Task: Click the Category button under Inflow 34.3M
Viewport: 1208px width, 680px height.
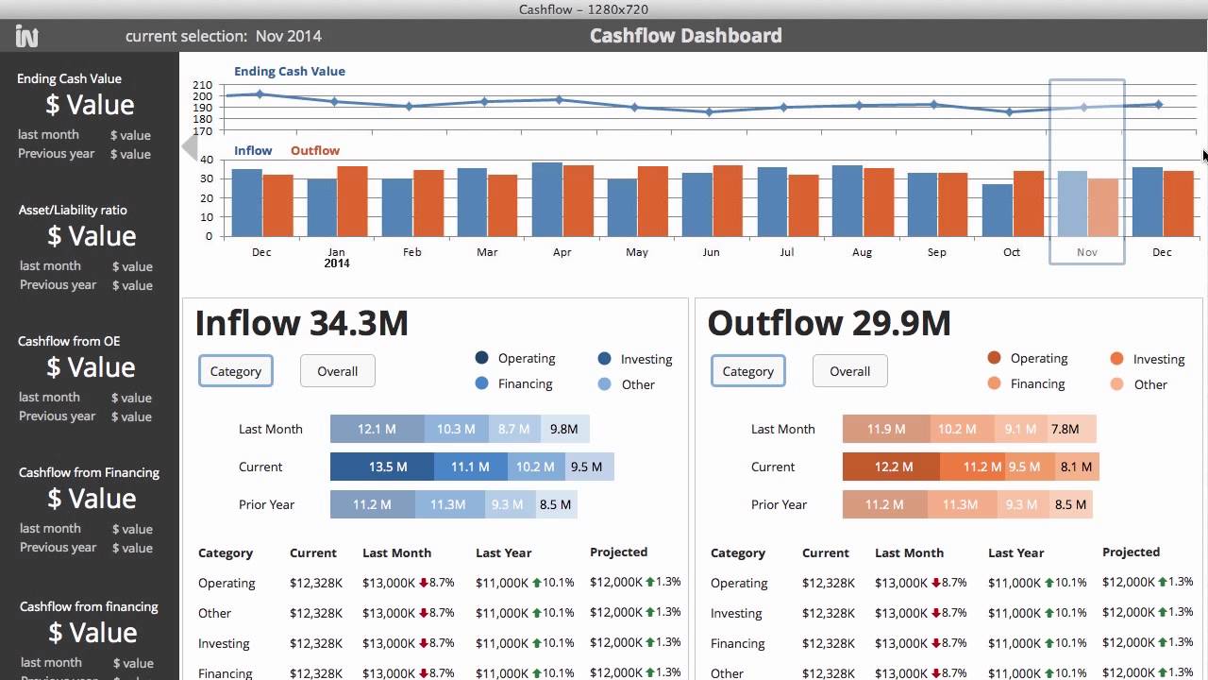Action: point(236,371)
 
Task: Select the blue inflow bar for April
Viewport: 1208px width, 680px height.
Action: point(547,199)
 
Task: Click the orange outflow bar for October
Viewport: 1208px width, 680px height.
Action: point(1029,203)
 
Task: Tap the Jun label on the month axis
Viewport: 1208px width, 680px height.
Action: point(711,252)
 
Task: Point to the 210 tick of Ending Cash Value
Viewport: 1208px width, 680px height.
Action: point(202,85)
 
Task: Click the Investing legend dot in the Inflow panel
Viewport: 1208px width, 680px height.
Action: point(605,359)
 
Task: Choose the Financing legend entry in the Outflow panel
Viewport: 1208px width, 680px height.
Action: point(1037,383)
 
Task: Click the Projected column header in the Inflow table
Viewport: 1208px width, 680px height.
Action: point(618,552)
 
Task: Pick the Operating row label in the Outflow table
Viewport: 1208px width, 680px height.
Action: point(739,583)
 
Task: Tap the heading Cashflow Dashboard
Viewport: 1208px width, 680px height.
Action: point(685,36)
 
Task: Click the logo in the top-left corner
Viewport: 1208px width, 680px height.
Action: point(26,37)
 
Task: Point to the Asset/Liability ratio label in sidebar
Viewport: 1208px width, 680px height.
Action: point(73,210)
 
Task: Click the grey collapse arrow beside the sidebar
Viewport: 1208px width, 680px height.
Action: point(190,147)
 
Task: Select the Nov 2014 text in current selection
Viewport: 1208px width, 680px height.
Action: point(289,36)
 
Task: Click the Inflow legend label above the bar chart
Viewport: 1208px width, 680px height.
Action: point(253,150)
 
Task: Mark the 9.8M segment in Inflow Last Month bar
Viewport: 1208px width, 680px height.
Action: point(563,429)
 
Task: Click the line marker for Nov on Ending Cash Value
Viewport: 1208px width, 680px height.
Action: point(1084,108)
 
